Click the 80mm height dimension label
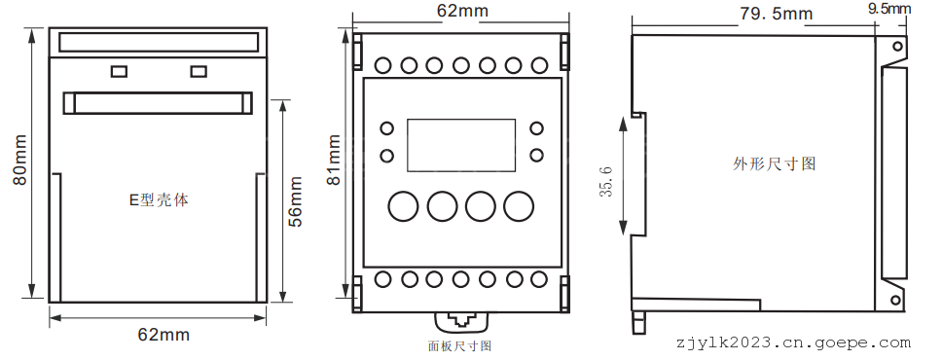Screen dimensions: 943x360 click(19, 160)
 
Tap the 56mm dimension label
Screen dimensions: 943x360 click(295, 201)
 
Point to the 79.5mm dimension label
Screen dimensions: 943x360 click(776, 14)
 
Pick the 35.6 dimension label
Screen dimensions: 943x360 click(606, 182)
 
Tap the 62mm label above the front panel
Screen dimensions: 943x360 click(462, 11)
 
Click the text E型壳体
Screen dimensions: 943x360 click(160, 200)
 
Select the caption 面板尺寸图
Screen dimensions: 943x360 click(460, 346)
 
